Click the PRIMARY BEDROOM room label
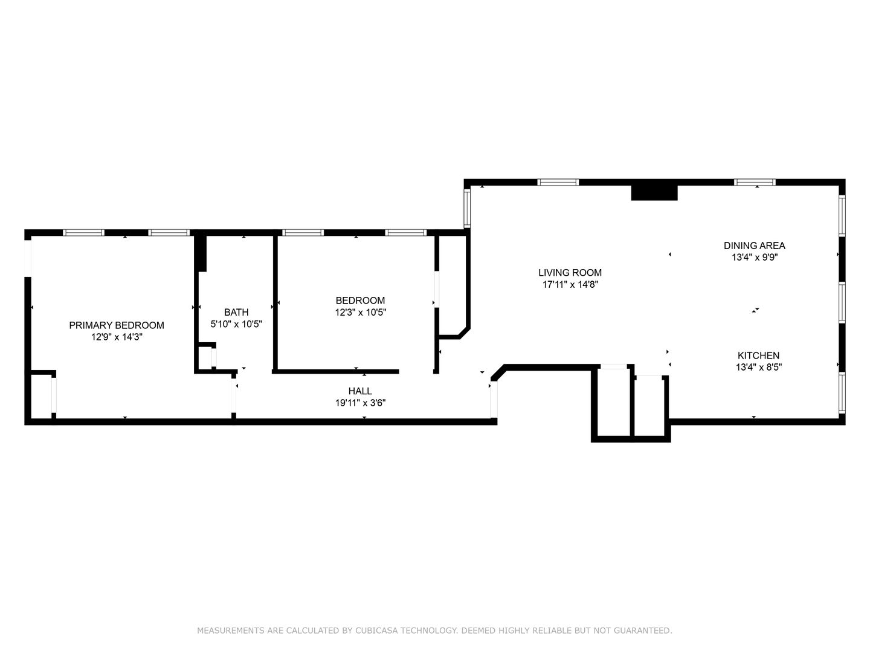coord(117,325)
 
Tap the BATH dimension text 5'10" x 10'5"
coord(236,324)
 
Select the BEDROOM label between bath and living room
coord(360,301)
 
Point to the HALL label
coord(360,391)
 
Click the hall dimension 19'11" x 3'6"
coord(360,403)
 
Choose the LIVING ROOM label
coord(570,273)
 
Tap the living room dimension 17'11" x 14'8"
coord(570,284)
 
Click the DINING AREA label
coord(755,246)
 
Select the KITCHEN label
coord(759,356)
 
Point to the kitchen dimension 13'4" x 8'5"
coord(759,367)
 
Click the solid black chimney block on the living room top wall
coord(654,193)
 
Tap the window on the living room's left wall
coord(467,207)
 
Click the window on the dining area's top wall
coord(755,183)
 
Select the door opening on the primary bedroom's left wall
coord(28,259)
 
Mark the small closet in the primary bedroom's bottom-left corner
coord(41,395)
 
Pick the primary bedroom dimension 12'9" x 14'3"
coord(117,337)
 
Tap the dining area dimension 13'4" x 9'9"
coord(755,258)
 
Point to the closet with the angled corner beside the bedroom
coord(453,285)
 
